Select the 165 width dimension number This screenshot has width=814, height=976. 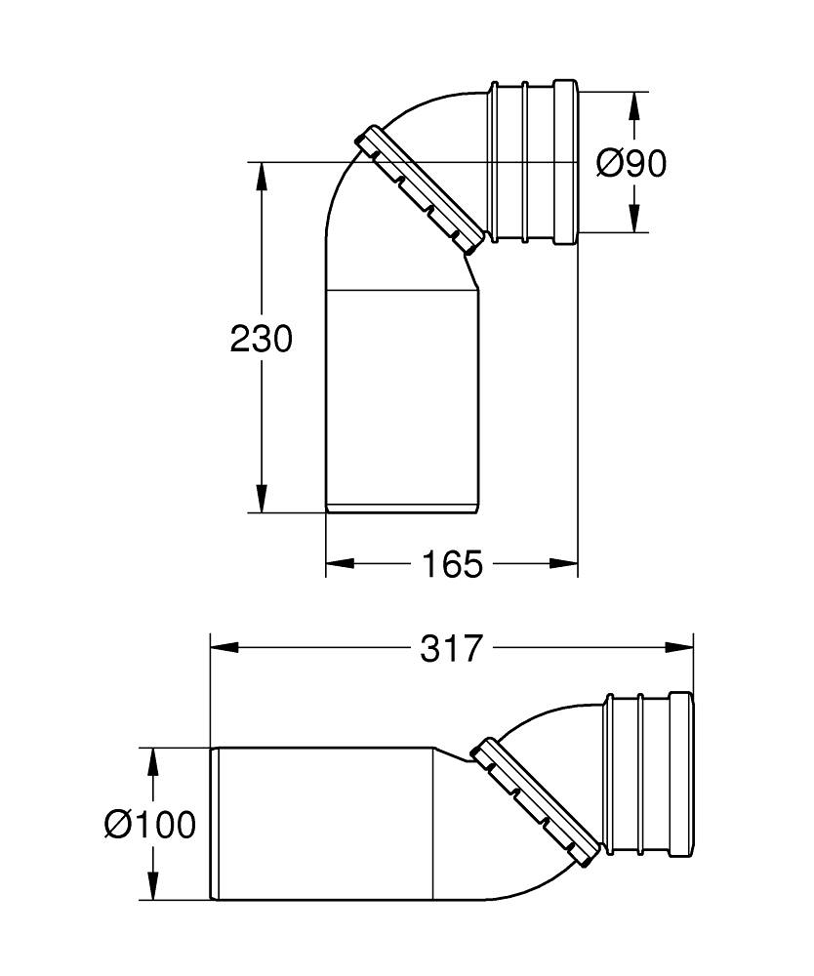(x=452, y=563)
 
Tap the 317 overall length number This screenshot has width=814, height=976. (x=452, y=648)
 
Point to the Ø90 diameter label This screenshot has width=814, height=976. (x=631, y=163)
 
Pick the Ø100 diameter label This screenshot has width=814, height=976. (x=150, y=825)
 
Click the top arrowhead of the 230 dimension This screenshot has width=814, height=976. (x=261, y=175)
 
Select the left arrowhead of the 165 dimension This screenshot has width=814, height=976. (x=338, y=563)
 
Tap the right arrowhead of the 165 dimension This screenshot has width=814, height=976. (x=566, y=563)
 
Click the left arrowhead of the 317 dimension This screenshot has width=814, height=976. (x=224, y=647)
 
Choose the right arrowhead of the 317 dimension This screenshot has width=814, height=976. (x=680, y=647)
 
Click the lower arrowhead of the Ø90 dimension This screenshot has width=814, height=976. (x=634, y=220)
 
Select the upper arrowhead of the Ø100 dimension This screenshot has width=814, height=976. (x=152, y=760)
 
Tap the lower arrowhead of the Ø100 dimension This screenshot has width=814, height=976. (x=152, y=887)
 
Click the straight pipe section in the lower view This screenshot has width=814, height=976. (x=322, y=824)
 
